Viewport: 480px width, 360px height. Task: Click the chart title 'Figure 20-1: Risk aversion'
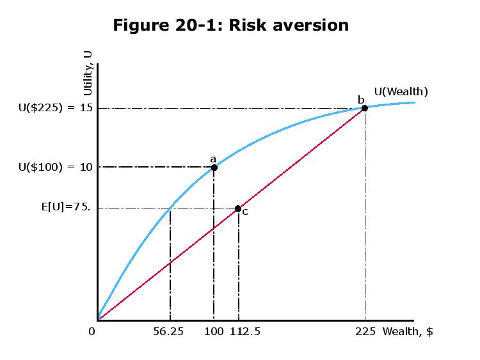(230, 25)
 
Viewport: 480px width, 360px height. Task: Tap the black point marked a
(214, 168)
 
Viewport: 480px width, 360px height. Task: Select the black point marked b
(365, 108)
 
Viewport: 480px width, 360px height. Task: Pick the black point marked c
(238, 208)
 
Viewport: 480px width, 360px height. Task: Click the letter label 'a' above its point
(213, 158)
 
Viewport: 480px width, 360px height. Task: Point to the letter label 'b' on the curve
(360, 99)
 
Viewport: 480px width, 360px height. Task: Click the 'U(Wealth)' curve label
(401, 91)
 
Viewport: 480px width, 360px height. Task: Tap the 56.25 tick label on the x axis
(170, 332)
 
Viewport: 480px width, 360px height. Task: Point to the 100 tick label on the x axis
(213, 332)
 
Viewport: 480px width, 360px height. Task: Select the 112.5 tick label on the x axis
(244, 332)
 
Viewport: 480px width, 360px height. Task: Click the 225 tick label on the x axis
(365, 332)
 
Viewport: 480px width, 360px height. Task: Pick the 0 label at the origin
(92, 332)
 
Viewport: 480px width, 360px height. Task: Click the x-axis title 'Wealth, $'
(408, 332)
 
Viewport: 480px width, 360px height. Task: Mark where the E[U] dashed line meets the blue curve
(170, 208)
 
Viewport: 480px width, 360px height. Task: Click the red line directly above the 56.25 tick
(170, 263)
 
